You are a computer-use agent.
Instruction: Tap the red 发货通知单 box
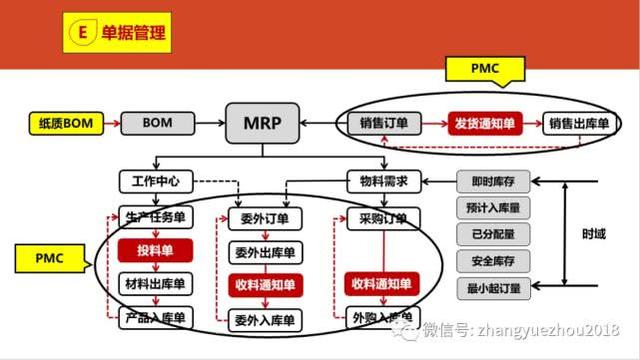pyautogui.click(x=485, y=124)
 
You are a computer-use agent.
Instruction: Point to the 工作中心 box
pyautogui.click(x=154, y=182)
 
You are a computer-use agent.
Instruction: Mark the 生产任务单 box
pyautogui.click(x=155, y=218)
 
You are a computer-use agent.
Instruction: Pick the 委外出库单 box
pyautogui.click(x=263, y=251)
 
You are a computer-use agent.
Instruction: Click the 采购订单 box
pyautogui.click(x=377, y=218)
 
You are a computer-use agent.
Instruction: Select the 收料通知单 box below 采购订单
pyautogui.click(x=380, y=285)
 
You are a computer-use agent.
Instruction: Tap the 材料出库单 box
pyautogui.click(x=154, y=285)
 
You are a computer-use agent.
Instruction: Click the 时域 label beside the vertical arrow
pyautogui.click(x=593, y=234)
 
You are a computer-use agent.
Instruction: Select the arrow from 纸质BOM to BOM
pyautogui.click(x=111, y=125)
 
